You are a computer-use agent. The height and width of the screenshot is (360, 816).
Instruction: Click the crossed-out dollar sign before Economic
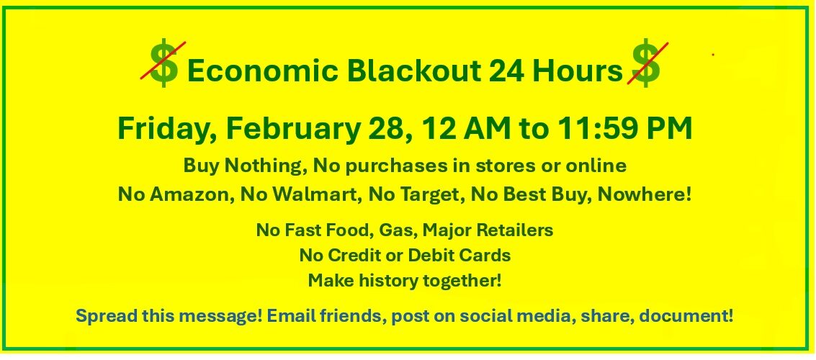coord(164,63)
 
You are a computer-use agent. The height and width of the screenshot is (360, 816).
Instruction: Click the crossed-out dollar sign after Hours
coord(646,63)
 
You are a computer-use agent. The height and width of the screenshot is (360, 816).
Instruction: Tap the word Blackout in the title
coord(413,71)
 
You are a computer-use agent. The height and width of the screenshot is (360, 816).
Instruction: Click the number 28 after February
coord(391,128)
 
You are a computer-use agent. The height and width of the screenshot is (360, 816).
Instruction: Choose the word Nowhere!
coord(645,194)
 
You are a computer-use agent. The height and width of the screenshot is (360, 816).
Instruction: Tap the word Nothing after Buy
coord(266,166)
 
